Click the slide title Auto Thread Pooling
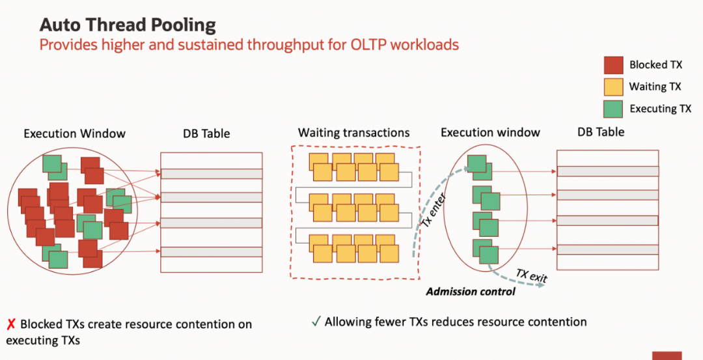point(128,25)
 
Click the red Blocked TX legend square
point(613,65)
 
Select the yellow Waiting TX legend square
point(613,87)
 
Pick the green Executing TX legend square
point(613,109)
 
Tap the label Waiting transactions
point(353,133)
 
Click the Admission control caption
point(471,292)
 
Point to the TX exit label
point(532,275)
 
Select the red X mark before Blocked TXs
point(11,324)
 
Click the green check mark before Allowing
point(316,322)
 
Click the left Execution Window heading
point(74,133)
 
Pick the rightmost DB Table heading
point(601,132)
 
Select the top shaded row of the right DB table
point(607,171)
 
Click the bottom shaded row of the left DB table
point(211,252)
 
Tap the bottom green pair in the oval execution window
point(486,251)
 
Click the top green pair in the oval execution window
point(480,167)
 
